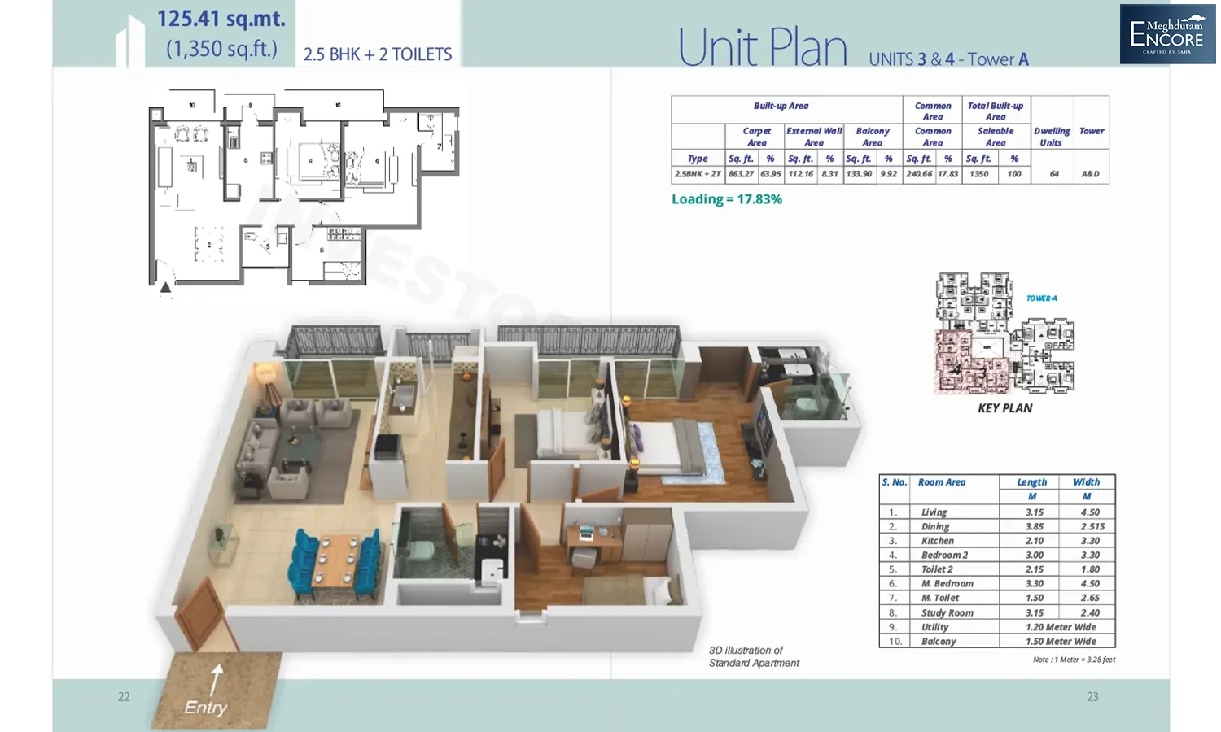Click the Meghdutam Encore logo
(x=1167, y=33)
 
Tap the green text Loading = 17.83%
(x=726, y=199)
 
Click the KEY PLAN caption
(x=1004, y=408)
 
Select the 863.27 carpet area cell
(x=741, y=174)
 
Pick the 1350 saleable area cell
(x=978, y=174)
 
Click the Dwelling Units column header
(x=1052, y=137)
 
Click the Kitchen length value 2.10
(x=1034, y=541)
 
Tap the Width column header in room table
(x=1086, y=482)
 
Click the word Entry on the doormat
(x=205, y=708)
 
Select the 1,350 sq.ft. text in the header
(x=221, y=49)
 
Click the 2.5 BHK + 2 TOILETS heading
(x=378, y=54)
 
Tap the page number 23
(x=1092, y=697)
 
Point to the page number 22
(x=124, y=697)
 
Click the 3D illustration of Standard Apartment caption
(x=754, y=657)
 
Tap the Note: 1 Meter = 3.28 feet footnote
(x=1074, y=660)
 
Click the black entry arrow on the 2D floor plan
(x=166, y=286)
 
